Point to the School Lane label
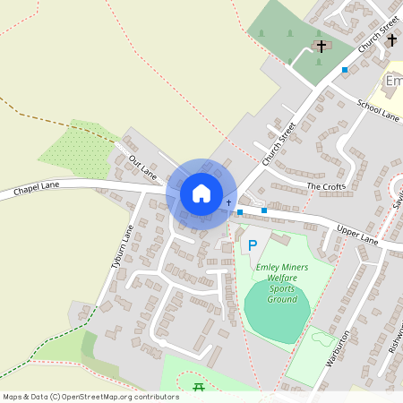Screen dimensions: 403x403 pos(377,109)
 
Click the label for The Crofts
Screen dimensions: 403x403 pos(325,186)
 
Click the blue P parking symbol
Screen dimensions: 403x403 pos(252,244)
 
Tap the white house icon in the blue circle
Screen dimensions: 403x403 pos(201,193)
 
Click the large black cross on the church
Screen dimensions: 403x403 pos(321,45)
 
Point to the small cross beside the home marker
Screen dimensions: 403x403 pos(228,203)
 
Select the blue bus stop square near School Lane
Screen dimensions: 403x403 pos(345,70)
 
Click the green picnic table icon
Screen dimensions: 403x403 pos(199,386)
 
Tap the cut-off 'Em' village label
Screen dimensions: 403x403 pos(393,81)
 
